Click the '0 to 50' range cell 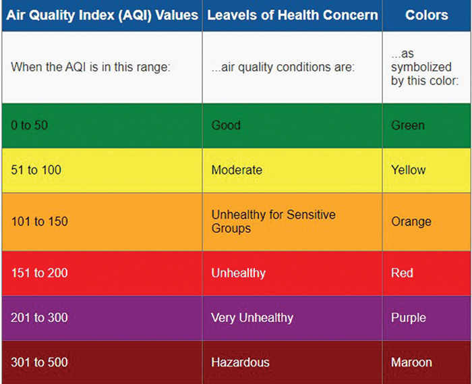tap(29, 126)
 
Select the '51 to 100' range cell tap(36, 170)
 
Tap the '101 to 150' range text tap(39, 221)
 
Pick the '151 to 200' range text tap(39, 273)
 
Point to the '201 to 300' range tap(39, 318)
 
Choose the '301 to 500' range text tap(39, 362)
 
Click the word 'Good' tap(226, 126)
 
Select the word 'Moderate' tap(237, 170)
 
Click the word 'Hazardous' tap(240, 362)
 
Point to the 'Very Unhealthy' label tap(252, 318)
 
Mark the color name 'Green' tap(408, 126)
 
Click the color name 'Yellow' tap(409, 170)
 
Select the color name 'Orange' tap(411, 221)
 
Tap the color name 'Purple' tap(409, 318)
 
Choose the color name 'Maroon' tap(411, 362)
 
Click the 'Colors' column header tap(427, 15)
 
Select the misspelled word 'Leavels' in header tap(229, 15)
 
